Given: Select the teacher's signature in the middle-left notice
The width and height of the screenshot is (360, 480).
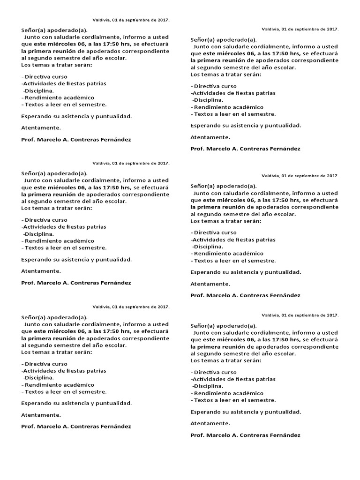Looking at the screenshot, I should tap(76, 283).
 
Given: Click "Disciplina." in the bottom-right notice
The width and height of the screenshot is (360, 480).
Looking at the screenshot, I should tap(209, 386).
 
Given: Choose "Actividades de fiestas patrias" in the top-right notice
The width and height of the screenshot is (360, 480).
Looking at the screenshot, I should tap(233, 93).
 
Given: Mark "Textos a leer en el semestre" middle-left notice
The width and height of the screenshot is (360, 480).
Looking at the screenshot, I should tap(66, 247).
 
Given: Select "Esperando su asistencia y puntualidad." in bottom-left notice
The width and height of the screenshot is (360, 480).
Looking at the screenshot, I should tap(76, 403).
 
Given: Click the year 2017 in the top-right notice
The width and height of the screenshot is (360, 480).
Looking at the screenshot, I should tap(332, 29).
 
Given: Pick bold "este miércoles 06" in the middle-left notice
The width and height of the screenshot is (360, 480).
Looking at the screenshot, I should tap(59, 187).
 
